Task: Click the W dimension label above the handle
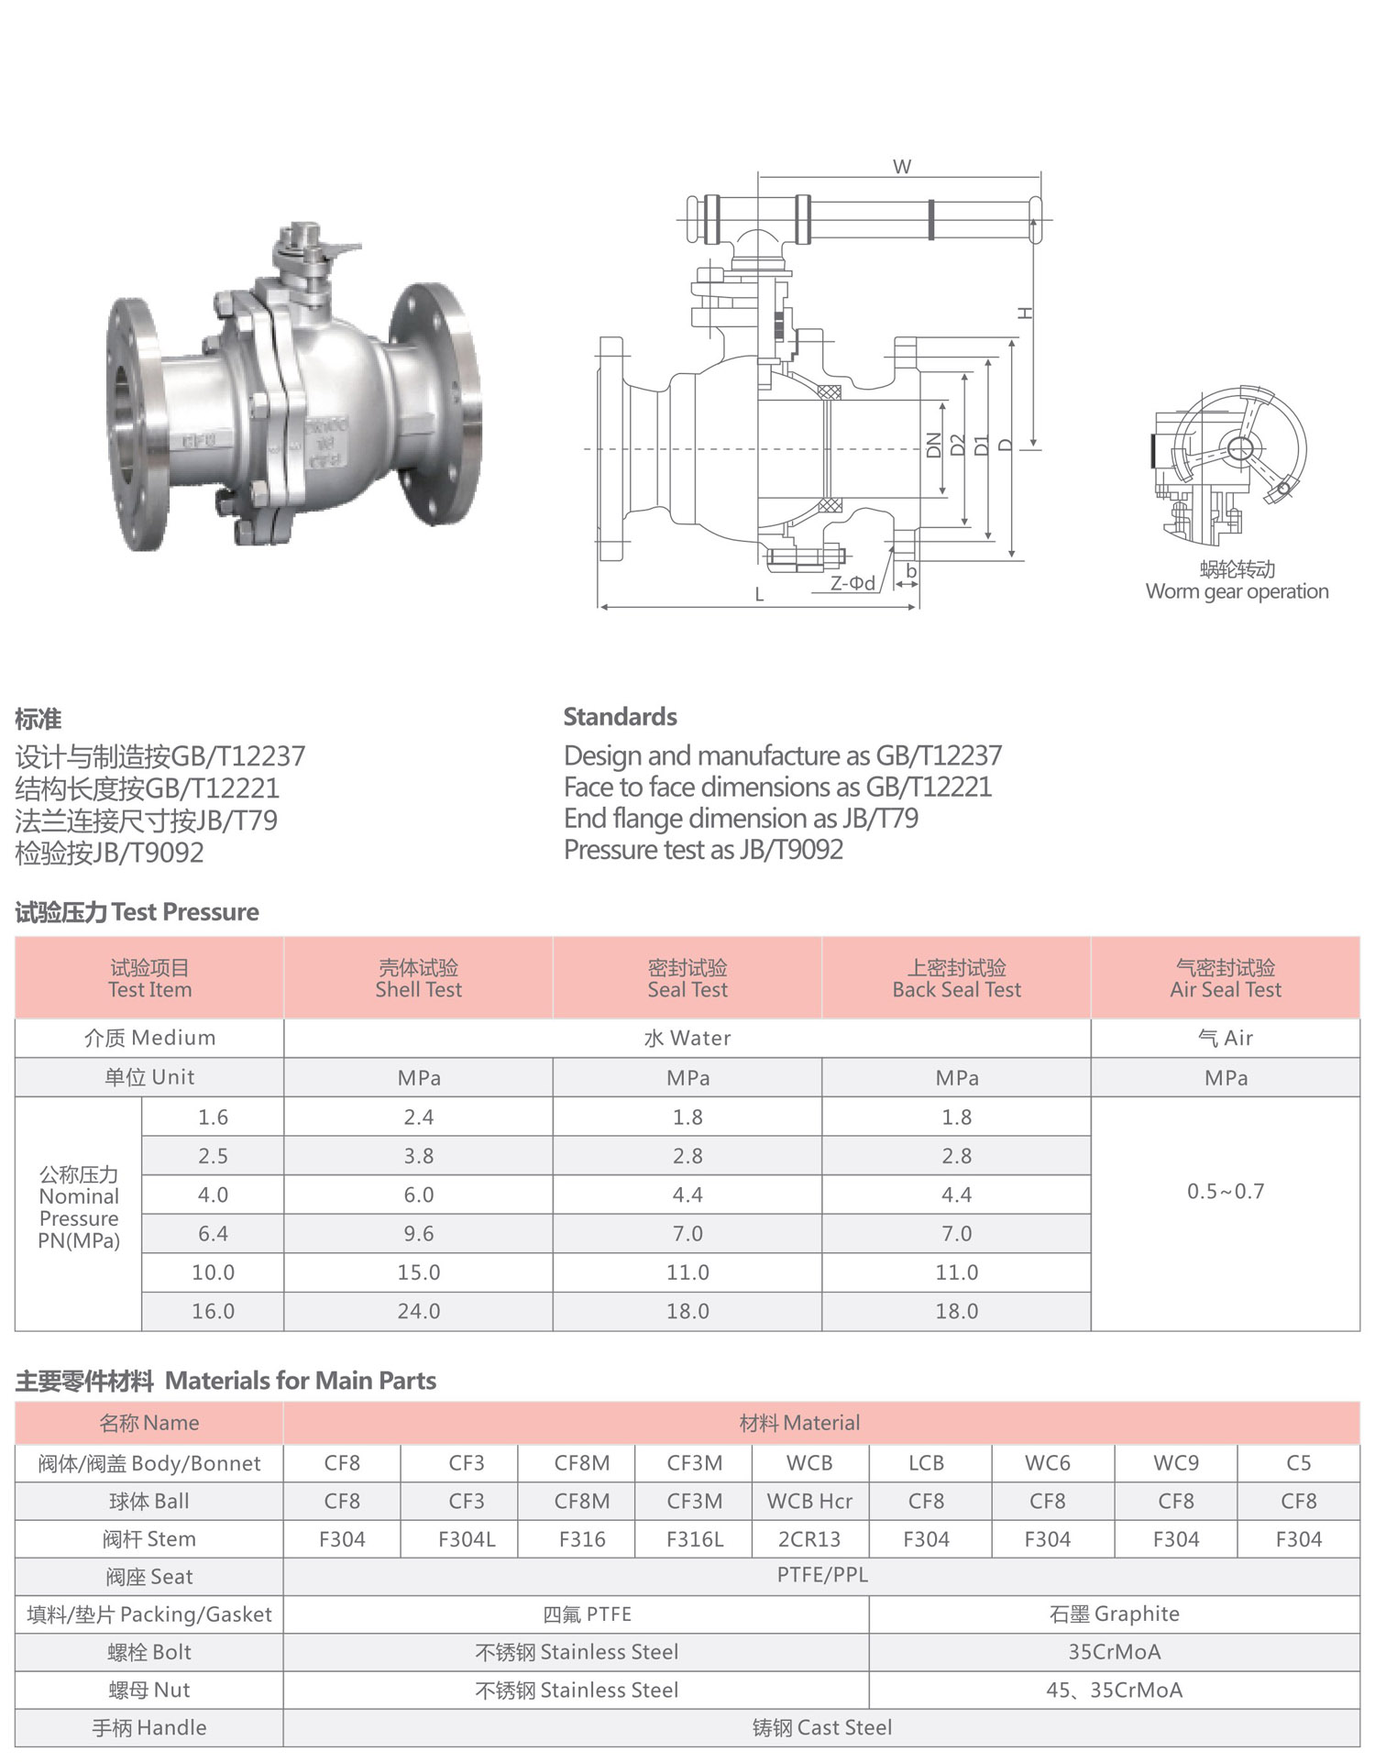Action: (902, 167)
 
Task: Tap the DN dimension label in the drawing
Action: (934, 446)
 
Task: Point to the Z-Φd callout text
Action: (852, 583)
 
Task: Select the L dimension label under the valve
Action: (759, 595)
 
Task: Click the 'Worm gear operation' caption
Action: (1237, 591)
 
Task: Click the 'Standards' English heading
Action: (620, 717)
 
